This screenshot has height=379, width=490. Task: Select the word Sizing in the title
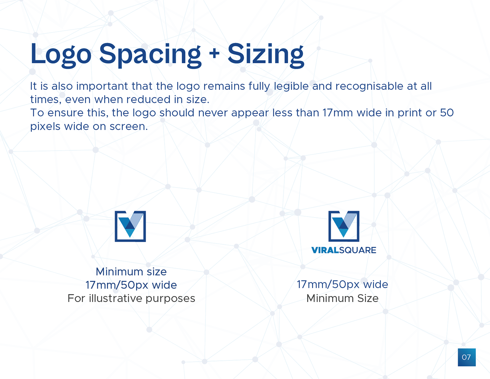click(266, 55)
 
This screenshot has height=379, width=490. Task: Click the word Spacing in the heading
click(150, 55)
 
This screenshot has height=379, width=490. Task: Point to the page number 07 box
click(467, 357)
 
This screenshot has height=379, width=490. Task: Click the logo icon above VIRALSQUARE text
click(344, 226)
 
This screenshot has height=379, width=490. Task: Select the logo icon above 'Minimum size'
click(130, 226)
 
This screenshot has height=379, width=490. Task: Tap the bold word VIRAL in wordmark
click(325, 250)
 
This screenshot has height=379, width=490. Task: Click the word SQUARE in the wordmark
click(358, 250)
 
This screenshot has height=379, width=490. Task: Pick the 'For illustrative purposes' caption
click(131, 299)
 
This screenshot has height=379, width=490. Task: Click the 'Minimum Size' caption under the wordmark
click(342, 299)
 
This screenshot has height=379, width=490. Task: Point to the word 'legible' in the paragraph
click(291, 86)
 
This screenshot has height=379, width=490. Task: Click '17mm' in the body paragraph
click(337, 113)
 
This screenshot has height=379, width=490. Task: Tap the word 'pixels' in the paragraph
click(45, 126)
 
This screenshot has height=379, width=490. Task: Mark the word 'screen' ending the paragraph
click(128, 127)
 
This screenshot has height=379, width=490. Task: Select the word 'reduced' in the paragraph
click(148, 99)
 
